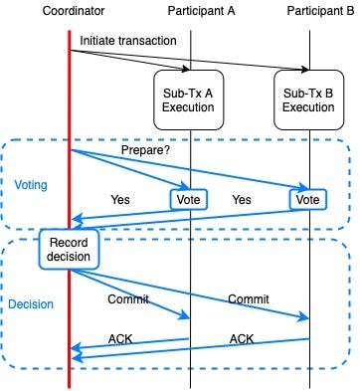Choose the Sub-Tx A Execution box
click(189, 98)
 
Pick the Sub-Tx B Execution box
click(308, 98)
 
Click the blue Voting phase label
click(31, 185)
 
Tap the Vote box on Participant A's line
click(189, 199)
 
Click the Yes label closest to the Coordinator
click(120, 199)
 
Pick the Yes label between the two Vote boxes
click(241, 199)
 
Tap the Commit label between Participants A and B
click(249, 299)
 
